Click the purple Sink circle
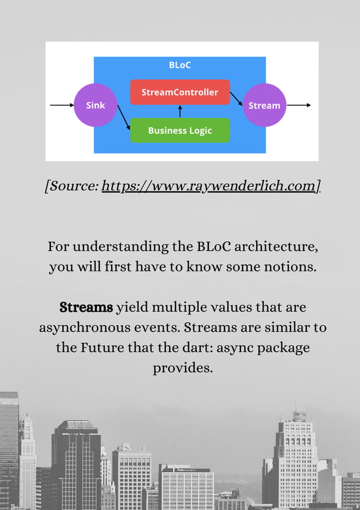tap(95, 105)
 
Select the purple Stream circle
tap(264, 105)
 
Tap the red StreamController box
tap(179, 92)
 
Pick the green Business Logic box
tap(179, 130)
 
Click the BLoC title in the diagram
tap(179, 65)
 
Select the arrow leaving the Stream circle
tap(299, 105)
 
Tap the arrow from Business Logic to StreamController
tap(180, 111)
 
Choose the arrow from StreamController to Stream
tap(236, 99)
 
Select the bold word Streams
tap(86, 308)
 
